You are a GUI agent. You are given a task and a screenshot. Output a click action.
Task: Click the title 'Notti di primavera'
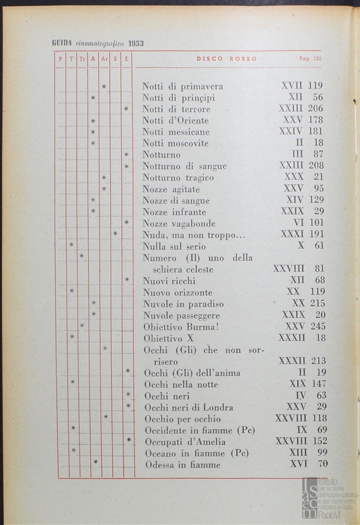coord(183,87)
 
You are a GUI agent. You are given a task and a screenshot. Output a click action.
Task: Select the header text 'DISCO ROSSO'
coord(227,59)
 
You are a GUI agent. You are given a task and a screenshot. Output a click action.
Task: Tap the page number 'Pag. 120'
coord(310,59)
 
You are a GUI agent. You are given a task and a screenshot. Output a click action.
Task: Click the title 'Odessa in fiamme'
coord(183,465)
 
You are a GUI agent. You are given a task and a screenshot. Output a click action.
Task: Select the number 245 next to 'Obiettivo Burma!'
coord(318,326)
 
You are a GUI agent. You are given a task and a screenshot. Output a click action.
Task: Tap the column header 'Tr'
coord(82,59)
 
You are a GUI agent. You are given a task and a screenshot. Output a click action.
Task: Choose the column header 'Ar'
coord(104,59)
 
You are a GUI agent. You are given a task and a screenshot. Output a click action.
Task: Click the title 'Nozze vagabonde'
coord(179,224)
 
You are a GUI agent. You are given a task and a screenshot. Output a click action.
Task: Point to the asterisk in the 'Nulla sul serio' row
coord(71,245)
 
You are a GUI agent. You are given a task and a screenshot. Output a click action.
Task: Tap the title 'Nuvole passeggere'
coord(181,315)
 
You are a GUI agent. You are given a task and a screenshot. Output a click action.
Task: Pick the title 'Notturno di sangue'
coord(185,166)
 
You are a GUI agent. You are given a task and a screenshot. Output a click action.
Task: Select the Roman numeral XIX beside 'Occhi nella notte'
coord(298,384)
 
